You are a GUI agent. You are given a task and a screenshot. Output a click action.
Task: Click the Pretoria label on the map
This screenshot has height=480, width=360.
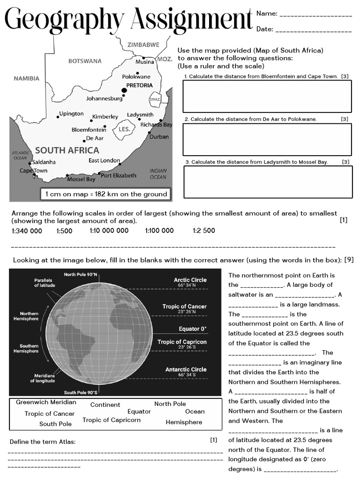[140, 85]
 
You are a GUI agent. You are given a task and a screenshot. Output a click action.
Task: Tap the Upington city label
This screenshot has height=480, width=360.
[71, 114]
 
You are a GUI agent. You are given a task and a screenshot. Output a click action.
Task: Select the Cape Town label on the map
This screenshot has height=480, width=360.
[33, 171]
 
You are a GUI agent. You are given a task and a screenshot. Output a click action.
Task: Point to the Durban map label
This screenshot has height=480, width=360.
[159, 137]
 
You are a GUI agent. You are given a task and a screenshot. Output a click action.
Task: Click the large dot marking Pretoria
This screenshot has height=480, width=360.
[124, 90]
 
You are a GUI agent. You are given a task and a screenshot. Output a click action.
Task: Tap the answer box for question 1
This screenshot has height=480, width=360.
[267, 96]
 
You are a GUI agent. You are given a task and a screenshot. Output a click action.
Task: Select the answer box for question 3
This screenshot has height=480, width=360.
[267, 182]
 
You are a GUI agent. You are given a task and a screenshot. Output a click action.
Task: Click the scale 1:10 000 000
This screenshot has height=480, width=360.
[109, 231]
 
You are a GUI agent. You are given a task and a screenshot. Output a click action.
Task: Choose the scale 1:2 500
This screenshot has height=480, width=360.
[204, 231]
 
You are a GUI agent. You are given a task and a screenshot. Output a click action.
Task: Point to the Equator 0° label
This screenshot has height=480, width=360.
[192, 329]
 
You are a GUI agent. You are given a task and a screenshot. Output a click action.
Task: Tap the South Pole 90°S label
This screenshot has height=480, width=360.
[81, 392]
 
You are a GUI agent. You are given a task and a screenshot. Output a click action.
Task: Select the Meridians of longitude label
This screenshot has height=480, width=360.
[44, 378]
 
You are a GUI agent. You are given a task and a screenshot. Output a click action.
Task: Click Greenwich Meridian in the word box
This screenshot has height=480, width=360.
[46, 402]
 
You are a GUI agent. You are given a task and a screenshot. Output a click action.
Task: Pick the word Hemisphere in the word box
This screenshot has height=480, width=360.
[184, 422]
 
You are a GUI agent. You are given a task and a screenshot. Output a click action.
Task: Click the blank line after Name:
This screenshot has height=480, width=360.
[315, 15]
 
